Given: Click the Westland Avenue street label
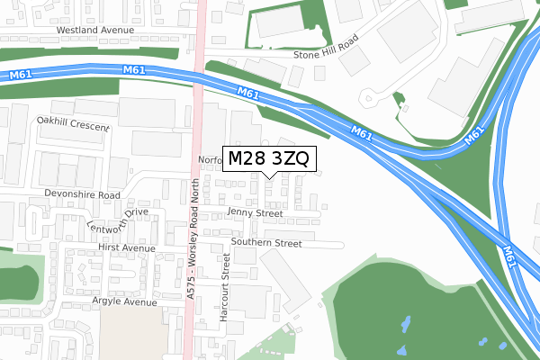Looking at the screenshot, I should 94,30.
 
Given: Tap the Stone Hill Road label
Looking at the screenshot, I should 326,54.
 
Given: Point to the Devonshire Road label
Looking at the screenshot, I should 81,194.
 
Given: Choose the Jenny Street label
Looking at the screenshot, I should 256,213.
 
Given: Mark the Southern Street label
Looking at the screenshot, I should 265,243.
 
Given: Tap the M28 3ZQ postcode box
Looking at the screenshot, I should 268,159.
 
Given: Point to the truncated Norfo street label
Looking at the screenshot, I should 209,159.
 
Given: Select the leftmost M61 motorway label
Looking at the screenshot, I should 21,74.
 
